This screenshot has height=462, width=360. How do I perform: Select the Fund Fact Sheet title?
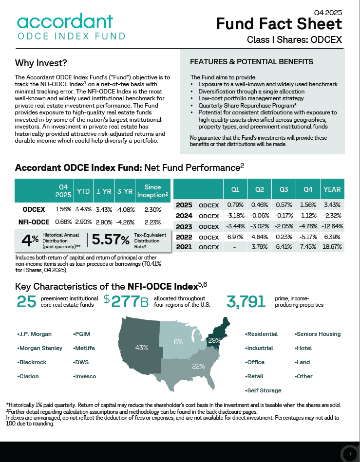click(279, 23)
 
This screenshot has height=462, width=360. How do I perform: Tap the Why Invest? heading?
click(41, 63)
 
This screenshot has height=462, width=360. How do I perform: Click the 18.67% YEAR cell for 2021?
click(333, 247)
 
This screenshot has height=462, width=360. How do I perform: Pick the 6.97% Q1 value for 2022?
click(235, 237)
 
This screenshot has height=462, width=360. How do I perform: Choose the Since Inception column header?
click(152, 191)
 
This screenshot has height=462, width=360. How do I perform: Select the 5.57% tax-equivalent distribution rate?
click(111, 240)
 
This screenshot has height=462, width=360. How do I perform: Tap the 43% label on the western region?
click(142, 348)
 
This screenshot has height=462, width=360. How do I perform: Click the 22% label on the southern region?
click(198, 366)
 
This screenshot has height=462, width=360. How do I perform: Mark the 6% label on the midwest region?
click(178, 342)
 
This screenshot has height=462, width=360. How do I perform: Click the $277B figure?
click(126, 302)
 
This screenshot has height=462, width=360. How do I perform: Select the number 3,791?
click(246, 302)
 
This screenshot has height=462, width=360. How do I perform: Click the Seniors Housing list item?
click(319, 334)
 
